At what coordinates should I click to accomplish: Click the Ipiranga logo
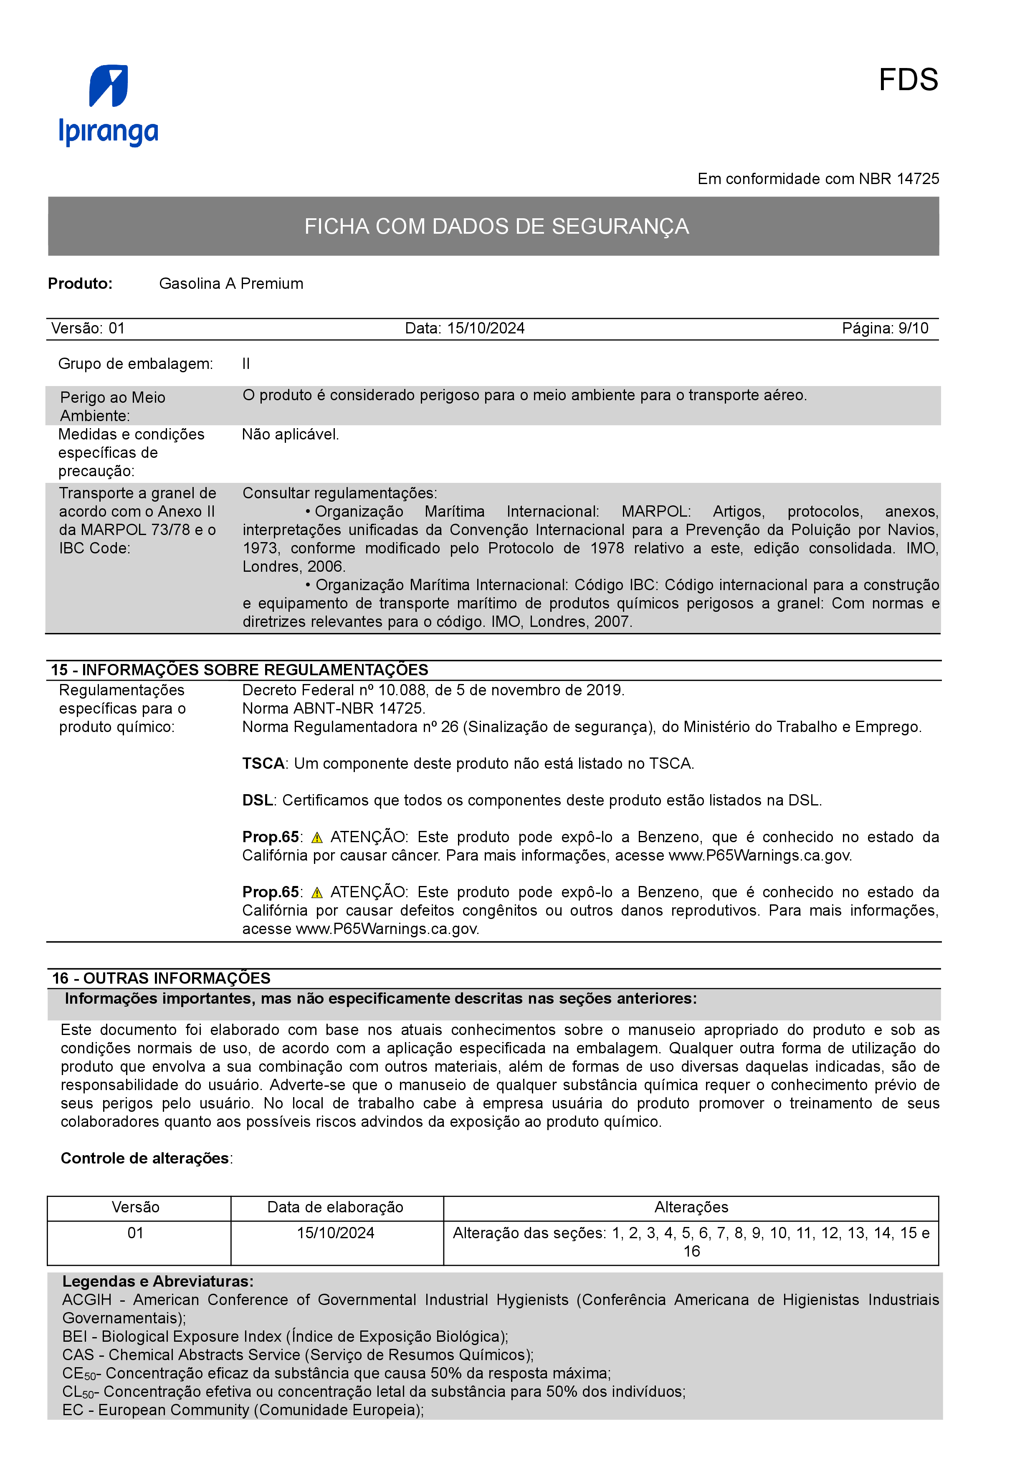click(109, 105)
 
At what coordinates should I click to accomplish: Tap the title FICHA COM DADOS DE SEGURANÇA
click(496, 226)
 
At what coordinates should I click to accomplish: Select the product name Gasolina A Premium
click(231, 284)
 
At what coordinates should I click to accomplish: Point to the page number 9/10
click(913, 328)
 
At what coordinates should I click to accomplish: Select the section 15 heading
click(239, 669)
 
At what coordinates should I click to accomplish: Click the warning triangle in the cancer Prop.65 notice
click(317, 838)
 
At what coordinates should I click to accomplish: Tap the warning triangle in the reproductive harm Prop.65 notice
click(317, 893)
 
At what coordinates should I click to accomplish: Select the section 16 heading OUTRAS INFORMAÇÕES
click(161, 978)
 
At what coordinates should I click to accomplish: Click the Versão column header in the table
click(135, 1207)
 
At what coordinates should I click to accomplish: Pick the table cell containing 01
click(135, 1233)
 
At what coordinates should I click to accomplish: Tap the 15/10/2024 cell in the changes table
click(335, 1233)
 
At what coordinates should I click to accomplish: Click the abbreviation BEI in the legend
click(75, 1337)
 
